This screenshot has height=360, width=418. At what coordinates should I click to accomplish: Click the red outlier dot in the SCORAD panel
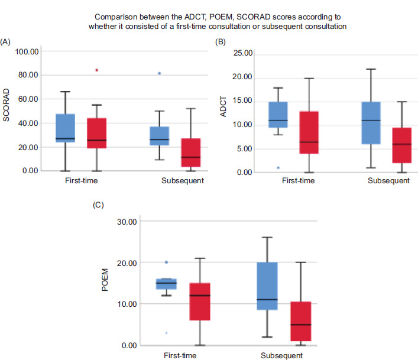click(x=96, y=70)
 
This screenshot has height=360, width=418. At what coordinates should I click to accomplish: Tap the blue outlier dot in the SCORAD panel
click(x=159, y=73)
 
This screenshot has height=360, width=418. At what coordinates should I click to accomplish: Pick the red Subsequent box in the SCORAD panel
click(x=191, y=153)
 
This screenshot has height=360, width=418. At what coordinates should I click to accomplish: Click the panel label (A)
click(x=7, y=41)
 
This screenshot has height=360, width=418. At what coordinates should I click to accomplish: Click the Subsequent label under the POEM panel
click(x=282, y=356)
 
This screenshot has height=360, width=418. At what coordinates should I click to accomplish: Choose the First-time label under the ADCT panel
click(x=297, y=181)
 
